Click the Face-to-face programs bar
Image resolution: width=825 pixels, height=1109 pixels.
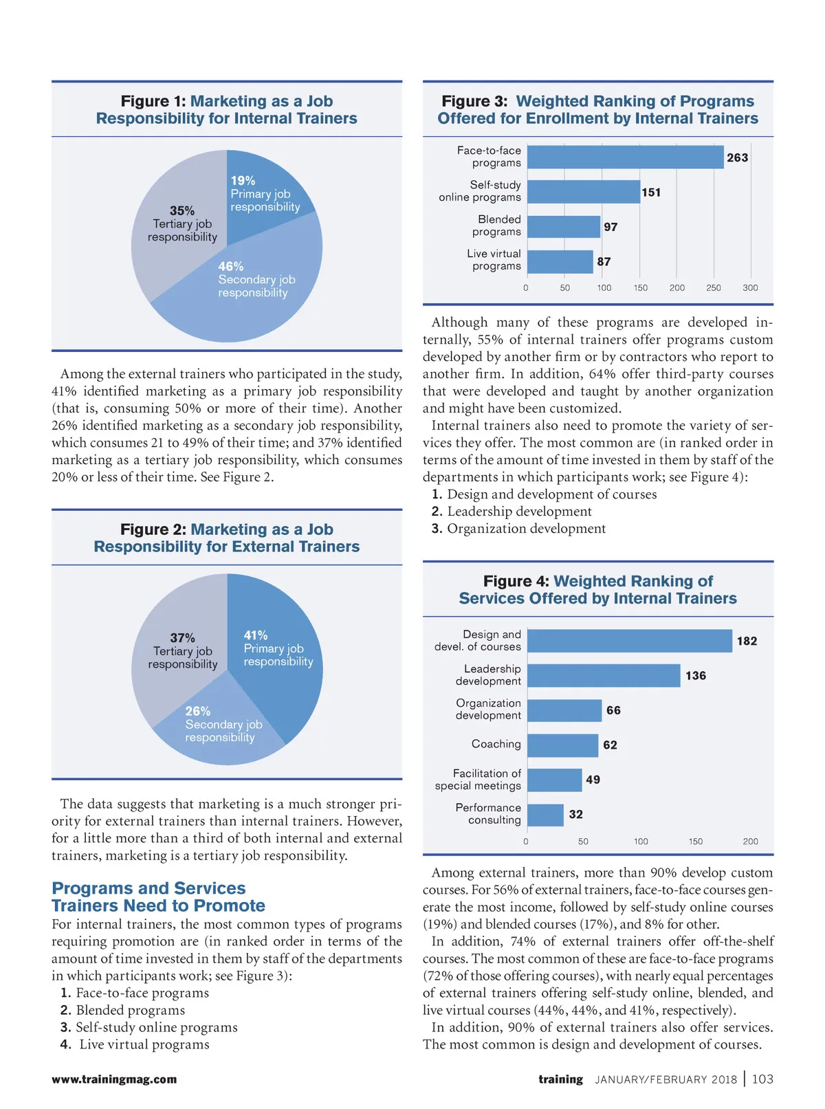tap(625, 157)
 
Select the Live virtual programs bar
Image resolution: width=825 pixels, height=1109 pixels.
tap(560, 262)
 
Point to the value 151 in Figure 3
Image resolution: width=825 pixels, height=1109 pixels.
tap(651, 193)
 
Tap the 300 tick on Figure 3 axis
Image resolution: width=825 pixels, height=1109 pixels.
tap(750, 288)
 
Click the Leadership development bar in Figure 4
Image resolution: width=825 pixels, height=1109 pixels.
tap(604, 676)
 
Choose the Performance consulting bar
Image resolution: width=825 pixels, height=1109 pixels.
tap(545, 815)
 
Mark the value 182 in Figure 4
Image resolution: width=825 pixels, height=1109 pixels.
tap(747, 641)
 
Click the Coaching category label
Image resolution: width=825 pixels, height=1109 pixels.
tap(496, 744)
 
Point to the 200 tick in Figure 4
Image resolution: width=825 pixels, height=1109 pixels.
tap(750, 842)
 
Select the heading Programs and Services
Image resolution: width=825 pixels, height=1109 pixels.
tap(158, 897)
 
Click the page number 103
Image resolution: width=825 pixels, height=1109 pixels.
tap(762, 1079)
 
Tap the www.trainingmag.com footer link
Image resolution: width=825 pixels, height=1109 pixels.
tap(114, 1079)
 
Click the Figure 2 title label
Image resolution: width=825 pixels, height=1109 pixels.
tap(227, 538)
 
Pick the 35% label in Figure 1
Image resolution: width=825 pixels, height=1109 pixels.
tap(182, 211)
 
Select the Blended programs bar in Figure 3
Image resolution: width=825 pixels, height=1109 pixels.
tap(564, 227)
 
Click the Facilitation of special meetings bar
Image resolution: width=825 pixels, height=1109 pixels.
tap(554, 780)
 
